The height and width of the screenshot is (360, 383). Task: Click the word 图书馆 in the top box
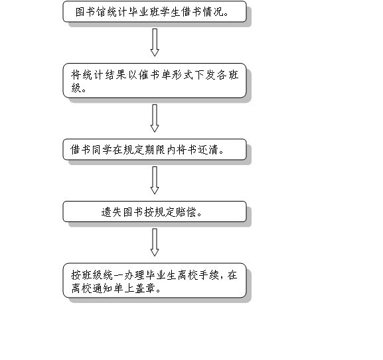click(x=91, y=12)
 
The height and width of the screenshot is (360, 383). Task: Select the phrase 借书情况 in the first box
click(x=202, y=12)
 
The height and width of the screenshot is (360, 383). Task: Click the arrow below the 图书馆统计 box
click(x=155, y=42)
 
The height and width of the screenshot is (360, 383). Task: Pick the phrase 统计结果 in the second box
click(x=99, y=75)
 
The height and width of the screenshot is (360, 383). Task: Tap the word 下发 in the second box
click(x=204, y=75)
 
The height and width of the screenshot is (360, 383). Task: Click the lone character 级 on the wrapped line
click(x=76, y=88)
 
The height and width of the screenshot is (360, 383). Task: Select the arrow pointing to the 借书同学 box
click(x=155, y=118)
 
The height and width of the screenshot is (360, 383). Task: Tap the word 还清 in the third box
click(x=207, y=150)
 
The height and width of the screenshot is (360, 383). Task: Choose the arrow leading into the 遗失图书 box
click(x=155, y=180)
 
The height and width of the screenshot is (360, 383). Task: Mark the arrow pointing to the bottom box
click(x=155, y=242)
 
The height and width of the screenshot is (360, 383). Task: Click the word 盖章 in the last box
click(x=145, y=288)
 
